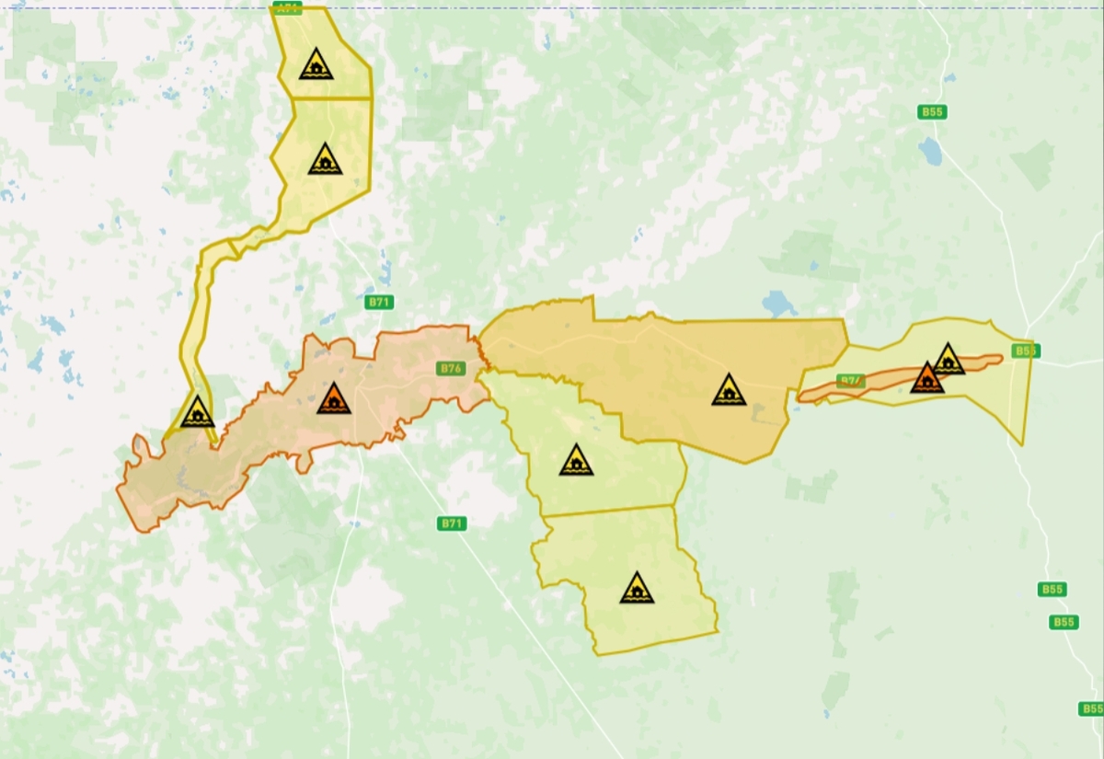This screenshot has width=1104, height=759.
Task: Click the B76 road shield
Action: pos(451,369)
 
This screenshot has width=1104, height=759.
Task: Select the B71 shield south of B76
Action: pos(451,523)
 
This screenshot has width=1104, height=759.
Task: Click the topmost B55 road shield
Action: pos(932,112)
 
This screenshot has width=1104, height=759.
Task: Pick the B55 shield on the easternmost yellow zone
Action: pos(1025,351)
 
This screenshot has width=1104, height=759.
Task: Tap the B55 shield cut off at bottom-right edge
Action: pos(1091,708)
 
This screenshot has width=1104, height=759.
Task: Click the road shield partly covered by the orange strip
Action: pos(851,381)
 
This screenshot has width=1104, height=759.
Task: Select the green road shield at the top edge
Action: pos(287,8)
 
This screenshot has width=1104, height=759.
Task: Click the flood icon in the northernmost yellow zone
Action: pos(316,65)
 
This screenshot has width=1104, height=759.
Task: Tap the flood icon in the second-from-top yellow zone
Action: pos(325,160)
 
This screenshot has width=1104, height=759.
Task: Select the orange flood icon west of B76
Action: pos(334,399)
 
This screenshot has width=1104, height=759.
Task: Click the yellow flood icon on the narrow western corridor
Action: pos(198,412)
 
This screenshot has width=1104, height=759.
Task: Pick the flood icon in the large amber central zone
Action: pos(729,390)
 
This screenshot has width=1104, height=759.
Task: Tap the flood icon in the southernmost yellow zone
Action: pos(636,588)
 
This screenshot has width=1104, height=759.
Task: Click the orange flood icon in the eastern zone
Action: pos(926,378)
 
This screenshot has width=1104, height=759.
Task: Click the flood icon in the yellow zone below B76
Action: pos(576,460)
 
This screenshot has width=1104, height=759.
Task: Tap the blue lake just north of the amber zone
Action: pos(779,303)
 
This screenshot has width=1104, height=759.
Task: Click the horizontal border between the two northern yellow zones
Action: pos(331,98)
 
